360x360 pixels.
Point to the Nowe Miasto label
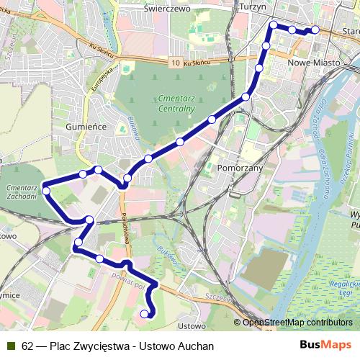tap(312, 63)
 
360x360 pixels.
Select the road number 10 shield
tap(176, 63)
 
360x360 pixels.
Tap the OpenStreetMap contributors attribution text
tap(297, 322)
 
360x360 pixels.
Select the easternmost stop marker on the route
tap(315, 30)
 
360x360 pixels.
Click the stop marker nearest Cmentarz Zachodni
tap(46, 191)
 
